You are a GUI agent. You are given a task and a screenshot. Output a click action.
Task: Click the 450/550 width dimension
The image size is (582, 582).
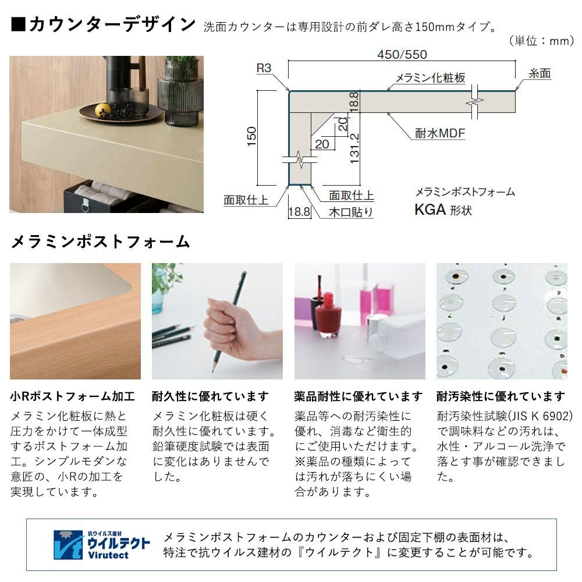point(402,55)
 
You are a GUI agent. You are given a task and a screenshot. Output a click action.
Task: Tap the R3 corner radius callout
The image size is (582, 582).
point(264,68)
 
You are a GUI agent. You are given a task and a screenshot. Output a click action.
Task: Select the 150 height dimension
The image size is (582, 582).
point(251,136)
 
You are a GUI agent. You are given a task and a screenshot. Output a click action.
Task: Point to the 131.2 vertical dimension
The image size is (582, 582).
point(354,148)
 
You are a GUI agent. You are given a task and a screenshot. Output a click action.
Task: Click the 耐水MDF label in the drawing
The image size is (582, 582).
point(440,133)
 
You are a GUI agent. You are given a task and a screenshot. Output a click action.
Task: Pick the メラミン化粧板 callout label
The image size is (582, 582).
point(430,77)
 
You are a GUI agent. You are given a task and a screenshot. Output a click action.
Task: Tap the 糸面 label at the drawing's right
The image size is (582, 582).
point(540,73)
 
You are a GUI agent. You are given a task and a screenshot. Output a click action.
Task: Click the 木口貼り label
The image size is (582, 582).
point(350,212)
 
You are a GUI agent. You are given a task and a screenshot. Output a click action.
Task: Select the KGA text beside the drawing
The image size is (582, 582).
point(430,210)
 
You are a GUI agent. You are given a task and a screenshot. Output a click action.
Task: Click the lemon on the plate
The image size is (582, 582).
point(103,110)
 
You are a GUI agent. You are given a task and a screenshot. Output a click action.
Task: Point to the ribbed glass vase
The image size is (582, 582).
point(180,93)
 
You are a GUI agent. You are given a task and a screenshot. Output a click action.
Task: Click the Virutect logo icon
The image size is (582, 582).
point(68,545)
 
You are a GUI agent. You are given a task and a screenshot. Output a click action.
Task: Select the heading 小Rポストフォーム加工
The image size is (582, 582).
point(72,396)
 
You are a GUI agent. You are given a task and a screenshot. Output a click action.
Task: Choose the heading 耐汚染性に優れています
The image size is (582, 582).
point(501,396)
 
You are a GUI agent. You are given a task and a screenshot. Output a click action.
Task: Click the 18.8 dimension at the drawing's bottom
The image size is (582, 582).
point(299,212)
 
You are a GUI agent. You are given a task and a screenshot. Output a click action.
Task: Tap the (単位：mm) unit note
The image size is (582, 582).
point(541,41)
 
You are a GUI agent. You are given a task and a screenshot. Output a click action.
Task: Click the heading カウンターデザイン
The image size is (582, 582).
point(112,24)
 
